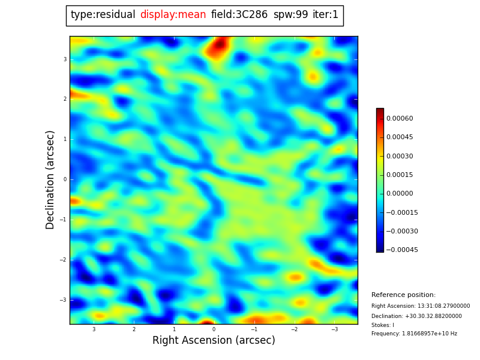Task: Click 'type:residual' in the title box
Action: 103,15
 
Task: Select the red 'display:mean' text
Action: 173,15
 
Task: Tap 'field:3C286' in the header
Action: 239,15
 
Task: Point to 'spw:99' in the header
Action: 290,15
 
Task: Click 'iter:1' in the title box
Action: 325,15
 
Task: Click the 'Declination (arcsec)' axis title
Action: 50,179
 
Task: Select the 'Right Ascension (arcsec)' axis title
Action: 214,341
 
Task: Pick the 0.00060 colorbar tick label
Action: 400,119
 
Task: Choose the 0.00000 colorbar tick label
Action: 400,194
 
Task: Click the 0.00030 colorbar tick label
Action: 400,156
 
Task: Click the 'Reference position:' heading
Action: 403,295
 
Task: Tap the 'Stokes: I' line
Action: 383,325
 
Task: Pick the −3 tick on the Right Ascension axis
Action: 334,329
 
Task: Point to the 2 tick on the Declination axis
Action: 64,99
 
